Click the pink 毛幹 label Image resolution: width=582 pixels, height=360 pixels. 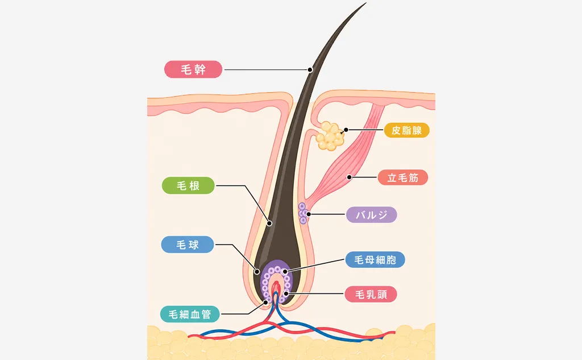click(193, 69)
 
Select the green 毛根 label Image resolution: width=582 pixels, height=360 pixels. click(188, 185)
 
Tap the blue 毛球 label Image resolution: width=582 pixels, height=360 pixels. click(188, 245)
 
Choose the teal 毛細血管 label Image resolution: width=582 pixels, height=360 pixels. click(190, 314)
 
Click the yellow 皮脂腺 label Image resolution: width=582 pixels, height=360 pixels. click(406, 130)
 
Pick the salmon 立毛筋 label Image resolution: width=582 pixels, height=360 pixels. click(403, 177)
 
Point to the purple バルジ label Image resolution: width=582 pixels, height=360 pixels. click(372, 215)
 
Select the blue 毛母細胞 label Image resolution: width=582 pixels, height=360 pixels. click(375, 259)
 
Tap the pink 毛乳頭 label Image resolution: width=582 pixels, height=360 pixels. click(371, 294)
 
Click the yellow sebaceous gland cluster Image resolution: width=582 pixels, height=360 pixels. click(330, 136)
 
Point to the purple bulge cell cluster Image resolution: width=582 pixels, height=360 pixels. click(303, 213)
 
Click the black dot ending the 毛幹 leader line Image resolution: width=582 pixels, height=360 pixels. click(310, 69)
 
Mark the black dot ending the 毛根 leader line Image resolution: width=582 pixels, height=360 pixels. click(269, 224)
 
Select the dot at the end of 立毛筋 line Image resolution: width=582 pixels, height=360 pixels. click(350, 177)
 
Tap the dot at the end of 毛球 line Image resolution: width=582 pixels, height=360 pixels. click(256, 272)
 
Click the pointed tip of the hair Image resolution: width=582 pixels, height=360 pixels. click(366, 3)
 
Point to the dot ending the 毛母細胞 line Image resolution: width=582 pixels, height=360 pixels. click(285, 272)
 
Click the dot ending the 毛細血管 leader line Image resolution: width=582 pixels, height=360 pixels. click(266, 303)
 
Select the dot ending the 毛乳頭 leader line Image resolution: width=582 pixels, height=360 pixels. click(286, 294)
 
